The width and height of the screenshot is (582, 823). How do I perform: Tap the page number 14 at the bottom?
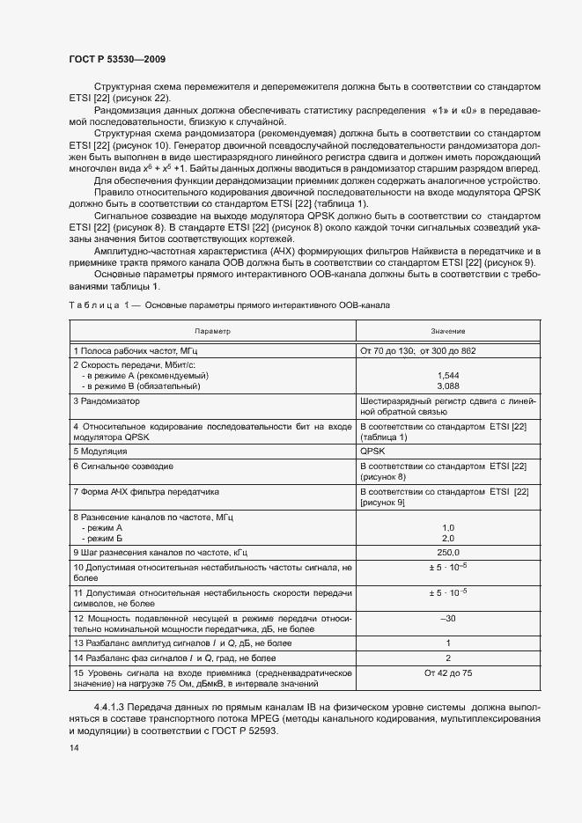(74, 747)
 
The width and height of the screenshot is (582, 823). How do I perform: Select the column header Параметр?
(212, 331)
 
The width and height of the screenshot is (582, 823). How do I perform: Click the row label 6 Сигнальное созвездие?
(123, 466)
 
